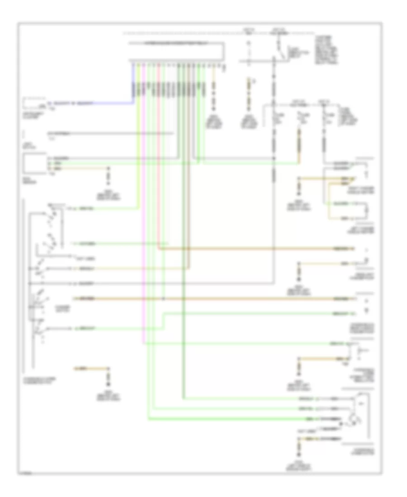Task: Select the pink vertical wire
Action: (144, 226)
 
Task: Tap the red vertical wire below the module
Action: (159, 181)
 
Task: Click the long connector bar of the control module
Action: (177, 60)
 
